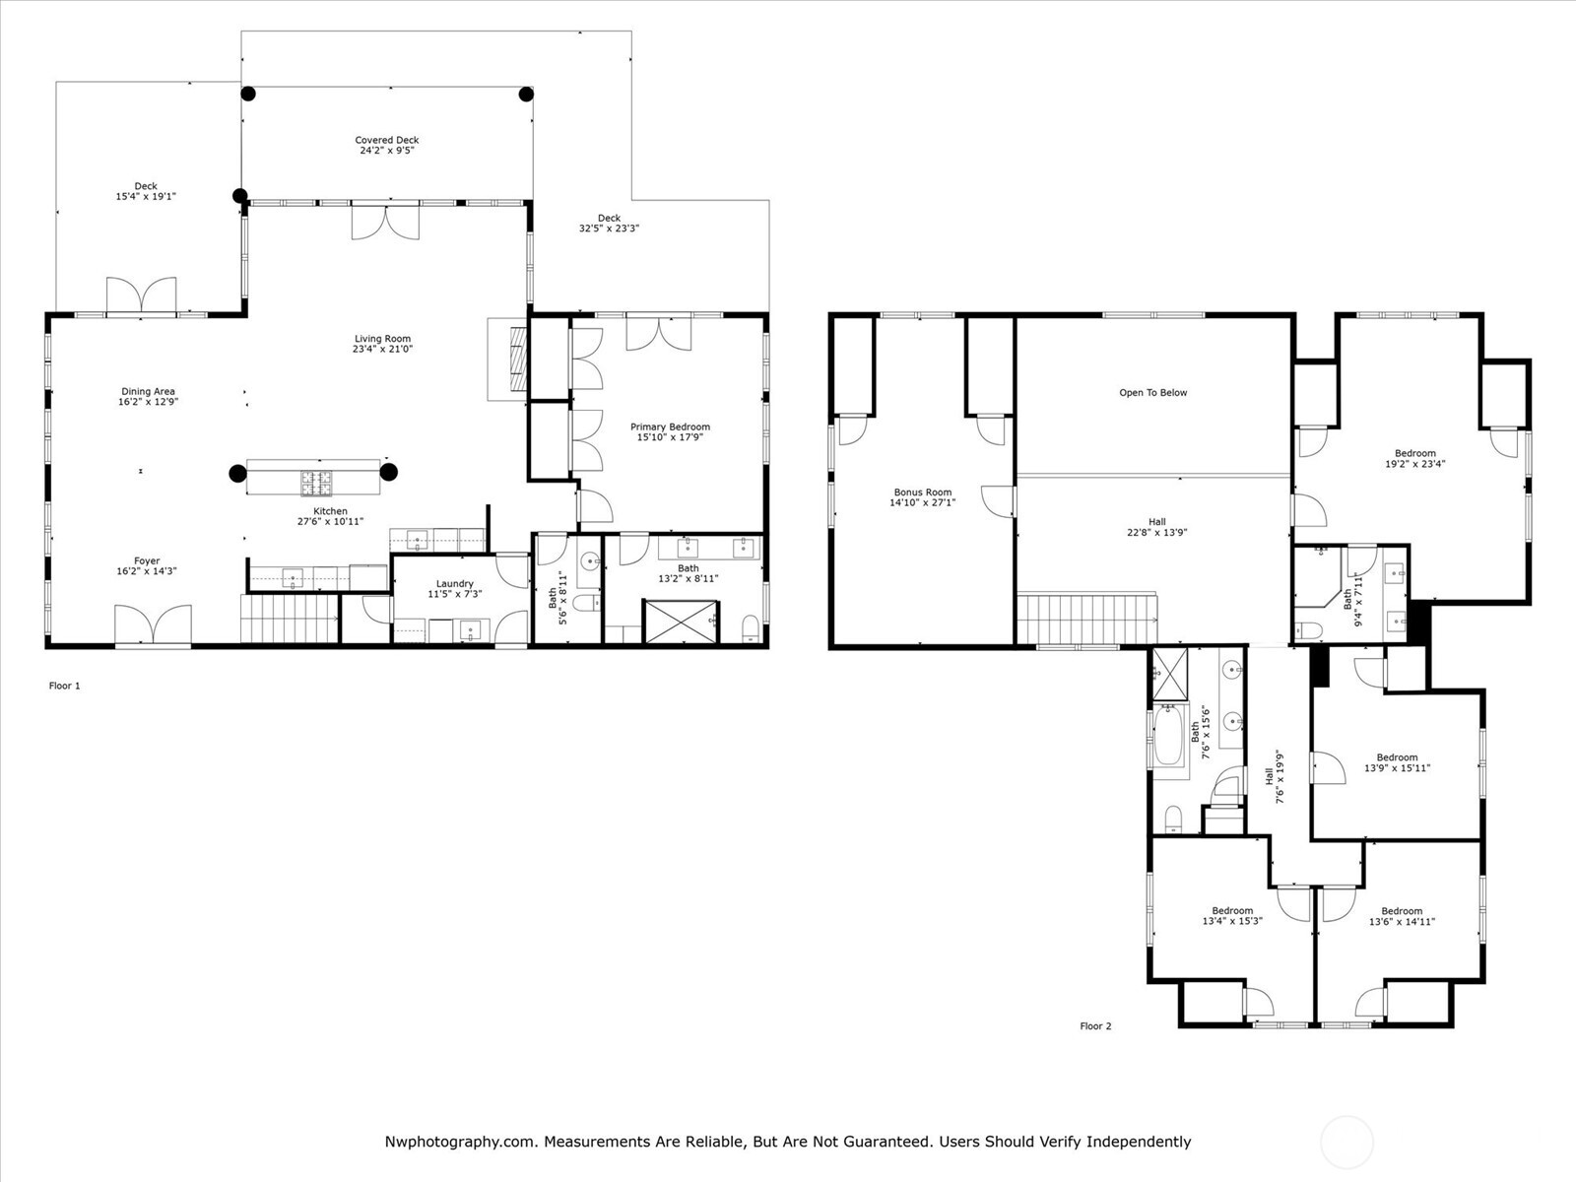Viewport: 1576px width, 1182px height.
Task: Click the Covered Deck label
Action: point(387,140)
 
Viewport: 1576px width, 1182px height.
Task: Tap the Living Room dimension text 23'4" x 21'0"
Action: point(382,349)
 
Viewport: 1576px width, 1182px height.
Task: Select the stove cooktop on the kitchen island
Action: point(315,482)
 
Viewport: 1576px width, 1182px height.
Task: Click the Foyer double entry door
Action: point(153,625)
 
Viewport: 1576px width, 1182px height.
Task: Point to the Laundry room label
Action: point(454,583)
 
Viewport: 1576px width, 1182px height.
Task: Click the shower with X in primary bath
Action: point(681,621)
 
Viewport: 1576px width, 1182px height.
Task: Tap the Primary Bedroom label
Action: point(670,427)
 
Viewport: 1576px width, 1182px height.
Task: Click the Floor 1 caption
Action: point(64,686)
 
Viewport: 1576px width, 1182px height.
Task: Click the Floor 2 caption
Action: point(1094,1026)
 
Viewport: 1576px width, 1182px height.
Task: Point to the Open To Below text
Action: point(1152,392)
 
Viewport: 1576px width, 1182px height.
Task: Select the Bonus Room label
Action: point(922,492)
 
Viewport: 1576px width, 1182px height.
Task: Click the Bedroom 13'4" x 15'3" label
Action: point(1232,910)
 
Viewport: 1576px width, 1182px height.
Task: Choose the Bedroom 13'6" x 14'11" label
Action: point(1401,911)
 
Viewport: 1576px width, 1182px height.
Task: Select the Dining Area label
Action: point(148,391)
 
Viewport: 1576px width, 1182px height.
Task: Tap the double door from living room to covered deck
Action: point(385,221)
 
